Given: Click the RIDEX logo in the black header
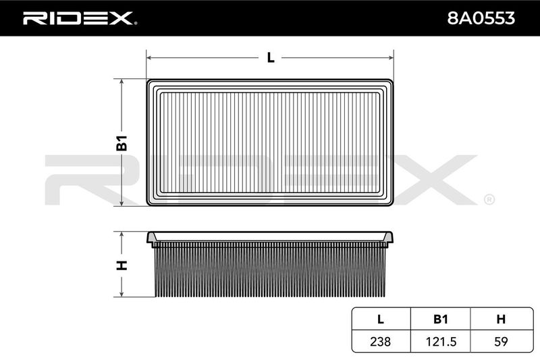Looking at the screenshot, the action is (x=80, y=18).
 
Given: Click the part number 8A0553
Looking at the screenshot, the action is (x=481, y=18).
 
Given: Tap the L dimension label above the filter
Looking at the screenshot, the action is (x=271, y=57).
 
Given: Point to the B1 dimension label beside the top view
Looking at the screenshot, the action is (x=122, y=143).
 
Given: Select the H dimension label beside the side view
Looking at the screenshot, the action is (x=122, y=265).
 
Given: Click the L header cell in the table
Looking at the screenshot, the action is (x=381, y=319).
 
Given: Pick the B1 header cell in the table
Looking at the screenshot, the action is (x=441, y=319).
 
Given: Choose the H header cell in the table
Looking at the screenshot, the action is (x=501, y=319).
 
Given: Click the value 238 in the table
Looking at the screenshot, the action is (x=381, y=341).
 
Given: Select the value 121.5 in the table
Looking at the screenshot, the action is (x=441, y=341).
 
